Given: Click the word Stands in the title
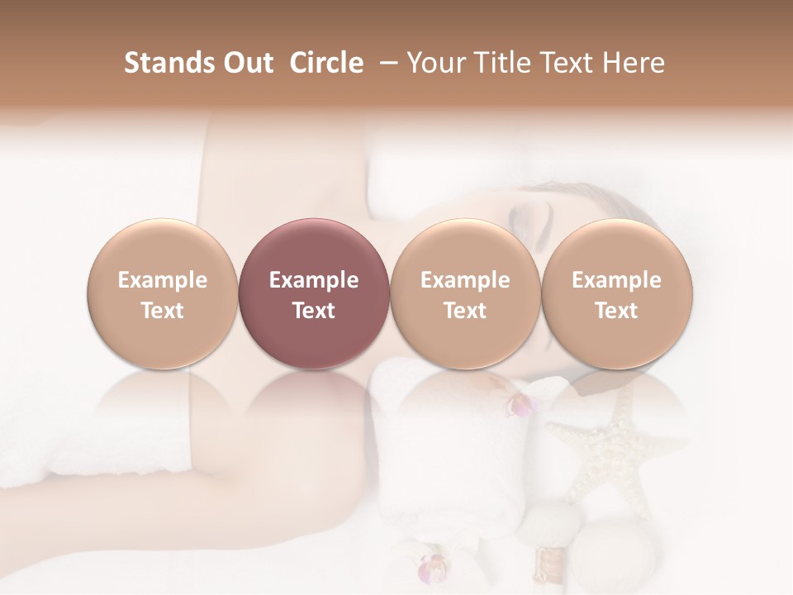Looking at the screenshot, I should click(x=169, y=63).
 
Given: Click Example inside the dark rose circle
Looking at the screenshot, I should click(x=314, y=280).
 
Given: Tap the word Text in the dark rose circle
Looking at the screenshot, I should click(x=314, y=311).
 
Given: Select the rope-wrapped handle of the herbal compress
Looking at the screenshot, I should click(x=544, y=569).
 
